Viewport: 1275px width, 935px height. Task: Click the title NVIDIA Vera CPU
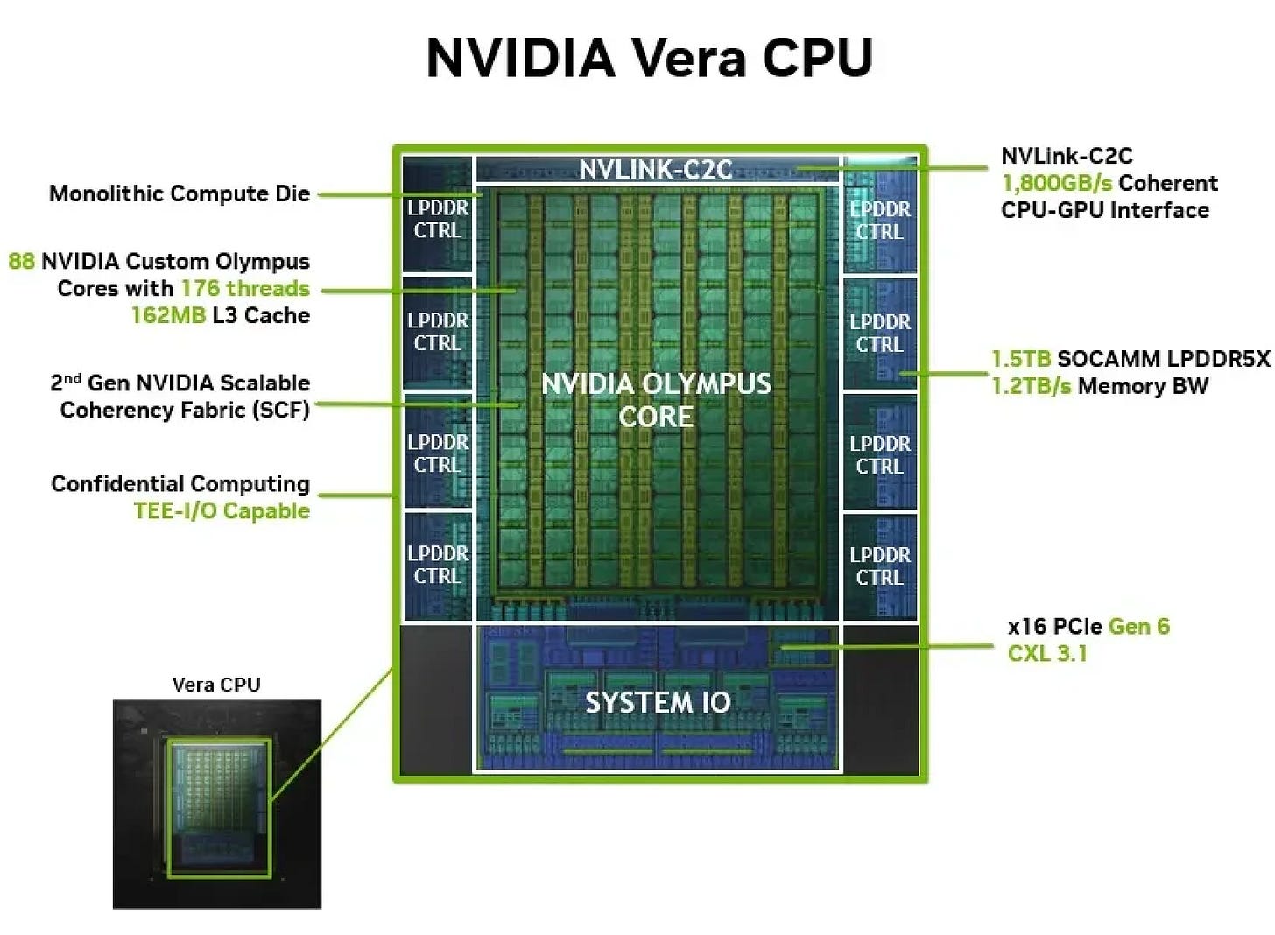click(x=649, y=58)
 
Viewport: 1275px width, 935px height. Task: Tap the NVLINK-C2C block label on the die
click(x=656, y=169)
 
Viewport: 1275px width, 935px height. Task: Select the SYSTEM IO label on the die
click(x=658, y=702)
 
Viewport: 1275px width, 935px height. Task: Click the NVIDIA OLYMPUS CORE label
click(x=656, y=400)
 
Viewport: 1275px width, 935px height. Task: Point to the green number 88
click(x=21, y=261)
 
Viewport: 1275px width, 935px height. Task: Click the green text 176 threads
click(x=245, y=288)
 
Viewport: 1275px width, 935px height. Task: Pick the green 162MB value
click(x=168, y=315)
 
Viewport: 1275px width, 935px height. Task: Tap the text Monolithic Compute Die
click(x=180, y=193)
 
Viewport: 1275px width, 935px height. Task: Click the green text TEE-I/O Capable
click(x=222, y=511)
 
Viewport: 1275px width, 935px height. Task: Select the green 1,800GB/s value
click(x=1057, y=183)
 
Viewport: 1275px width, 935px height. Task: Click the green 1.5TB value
click(x=1020, y=359)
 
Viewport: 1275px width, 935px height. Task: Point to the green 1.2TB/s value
click(x=1031, y=386)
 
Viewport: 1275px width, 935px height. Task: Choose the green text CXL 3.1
click(x=1047, y=653)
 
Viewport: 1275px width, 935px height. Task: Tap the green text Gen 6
click(x=1138, y=626)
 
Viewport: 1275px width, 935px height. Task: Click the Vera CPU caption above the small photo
click(x=216, y=685)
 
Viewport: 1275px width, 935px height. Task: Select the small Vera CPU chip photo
click(x=217, y=804)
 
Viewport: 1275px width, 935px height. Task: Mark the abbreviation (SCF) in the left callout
click(x=280, y=410)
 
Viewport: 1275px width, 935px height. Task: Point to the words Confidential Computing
click(x=180, y=484)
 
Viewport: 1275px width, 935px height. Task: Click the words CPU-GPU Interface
click(x=1104, y=210)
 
